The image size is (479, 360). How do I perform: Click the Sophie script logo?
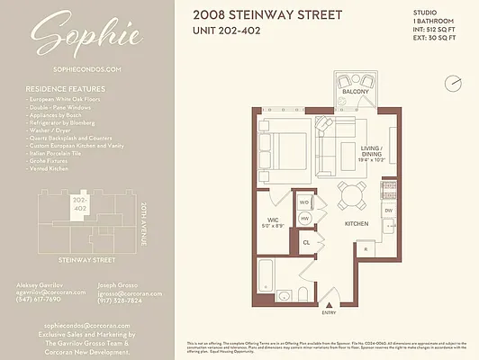coord(87,35)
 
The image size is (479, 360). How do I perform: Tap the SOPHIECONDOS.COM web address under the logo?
coord(87,68)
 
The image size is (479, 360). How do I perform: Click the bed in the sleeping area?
coord(288,148)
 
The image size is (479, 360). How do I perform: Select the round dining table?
coord(350,192)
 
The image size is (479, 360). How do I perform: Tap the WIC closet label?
coord(272,220)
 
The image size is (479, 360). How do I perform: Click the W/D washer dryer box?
coord(304,202)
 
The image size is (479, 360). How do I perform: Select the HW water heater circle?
coord(304,218)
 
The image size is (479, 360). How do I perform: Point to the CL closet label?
coord(306,242)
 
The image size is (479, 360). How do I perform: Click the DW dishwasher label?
coord(388,211)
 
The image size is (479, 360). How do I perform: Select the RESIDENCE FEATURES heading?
coord(65,89)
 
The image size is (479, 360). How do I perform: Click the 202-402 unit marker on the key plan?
coord(79,203)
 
